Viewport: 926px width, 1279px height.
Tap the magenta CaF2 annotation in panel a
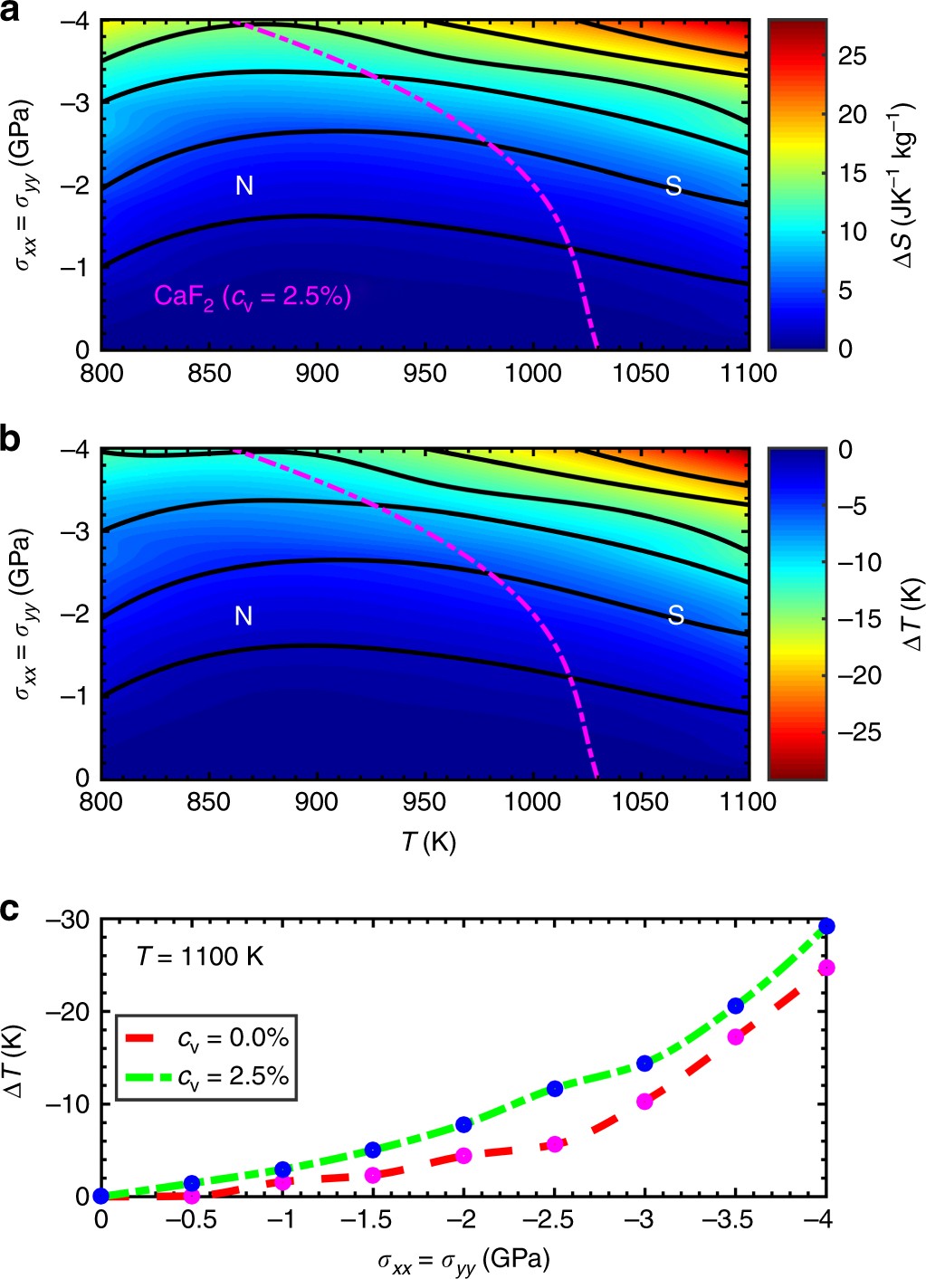[252, 296]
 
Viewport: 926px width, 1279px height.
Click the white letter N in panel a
[243, 186]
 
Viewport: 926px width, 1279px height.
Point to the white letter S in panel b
[675, 616]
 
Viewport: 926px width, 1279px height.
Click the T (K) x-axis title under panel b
[429, 842]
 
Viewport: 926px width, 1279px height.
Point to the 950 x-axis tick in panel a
[424, 372]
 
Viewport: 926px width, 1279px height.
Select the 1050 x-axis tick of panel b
[640, 801]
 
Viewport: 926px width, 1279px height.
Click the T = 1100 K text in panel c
[200, 956]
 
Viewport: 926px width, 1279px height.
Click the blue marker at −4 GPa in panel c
[826, 926]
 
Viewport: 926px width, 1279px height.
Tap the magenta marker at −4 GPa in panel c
[826, 968]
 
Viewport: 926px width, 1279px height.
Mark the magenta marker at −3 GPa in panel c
[644, 1102]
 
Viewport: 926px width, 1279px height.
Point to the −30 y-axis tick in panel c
[72, 920]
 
